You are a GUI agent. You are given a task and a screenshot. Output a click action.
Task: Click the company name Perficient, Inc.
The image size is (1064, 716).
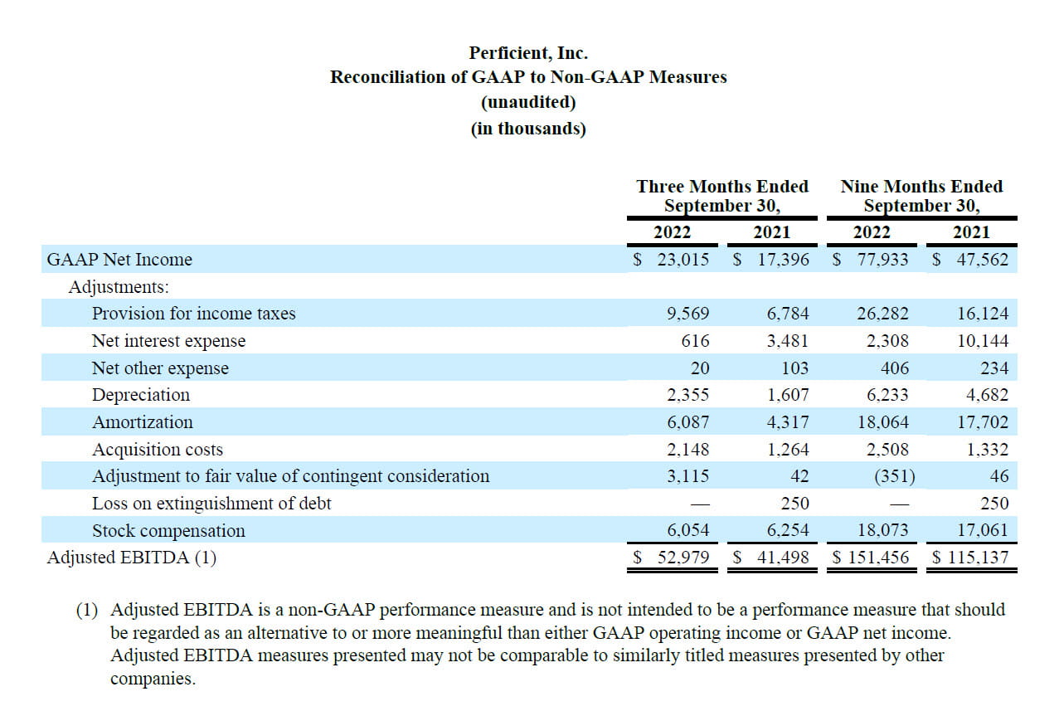pos(528,53)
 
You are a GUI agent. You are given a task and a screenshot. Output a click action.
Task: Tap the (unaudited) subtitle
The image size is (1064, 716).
pos(528,102)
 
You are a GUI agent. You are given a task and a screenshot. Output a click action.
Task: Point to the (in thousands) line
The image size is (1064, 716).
pos(528,129)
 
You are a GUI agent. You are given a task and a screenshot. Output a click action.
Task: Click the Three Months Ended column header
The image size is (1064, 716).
pos(722,186)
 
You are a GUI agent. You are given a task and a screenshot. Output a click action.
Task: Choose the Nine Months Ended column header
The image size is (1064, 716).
pos(922,186)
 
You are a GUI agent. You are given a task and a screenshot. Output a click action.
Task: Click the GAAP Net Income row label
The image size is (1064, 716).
pos(119,260)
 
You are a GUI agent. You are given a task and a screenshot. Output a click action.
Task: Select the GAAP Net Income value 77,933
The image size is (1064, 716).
pos(882,260)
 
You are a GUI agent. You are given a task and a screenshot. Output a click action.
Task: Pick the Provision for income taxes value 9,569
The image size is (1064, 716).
pos(687,314)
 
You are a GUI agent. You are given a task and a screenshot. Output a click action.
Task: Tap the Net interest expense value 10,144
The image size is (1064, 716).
pos(982,341)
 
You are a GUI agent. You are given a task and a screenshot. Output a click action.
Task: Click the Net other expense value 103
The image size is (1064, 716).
pos(795,368)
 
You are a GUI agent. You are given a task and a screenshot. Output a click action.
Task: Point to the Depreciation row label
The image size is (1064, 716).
pos(141,395)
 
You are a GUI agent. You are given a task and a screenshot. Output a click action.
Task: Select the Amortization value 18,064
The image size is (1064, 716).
pos(882,422)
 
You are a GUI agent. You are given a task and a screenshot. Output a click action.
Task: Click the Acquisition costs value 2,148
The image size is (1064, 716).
pos(687,450)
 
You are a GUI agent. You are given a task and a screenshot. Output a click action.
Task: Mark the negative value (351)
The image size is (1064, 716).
pos(895,476)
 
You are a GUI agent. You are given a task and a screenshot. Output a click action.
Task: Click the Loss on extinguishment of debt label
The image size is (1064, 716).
pos(211,504)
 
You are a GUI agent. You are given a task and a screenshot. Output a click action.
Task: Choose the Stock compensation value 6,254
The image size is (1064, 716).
pos(788,530)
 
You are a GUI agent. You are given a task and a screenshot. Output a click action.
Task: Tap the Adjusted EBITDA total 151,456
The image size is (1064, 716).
pos(878,558)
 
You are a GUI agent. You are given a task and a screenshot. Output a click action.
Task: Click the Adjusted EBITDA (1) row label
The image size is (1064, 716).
pos(132,558)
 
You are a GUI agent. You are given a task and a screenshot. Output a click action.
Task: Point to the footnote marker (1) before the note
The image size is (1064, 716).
pos(87,610)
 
